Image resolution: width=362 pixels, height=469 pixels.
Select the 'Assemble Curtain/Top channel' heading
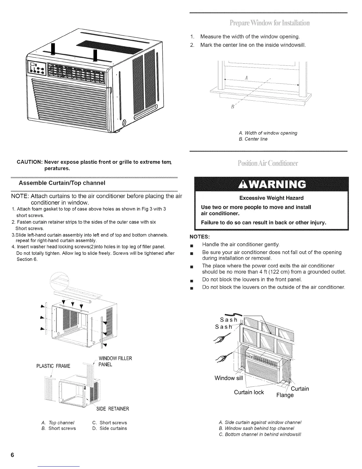coord(62,183)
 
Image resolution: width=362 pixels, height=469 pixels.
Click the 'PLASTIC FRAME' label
coord(53,366)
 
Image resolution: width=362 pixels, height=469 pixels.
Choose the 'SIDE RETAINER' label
coord(113,409)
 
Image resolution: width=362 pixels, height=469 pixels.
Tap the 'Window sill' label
coord(228,378)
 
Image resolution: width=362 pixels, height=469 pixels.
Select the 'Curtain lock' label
coord(249,392)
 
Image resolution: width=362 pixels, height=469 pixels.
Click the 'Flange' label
coord(285,395)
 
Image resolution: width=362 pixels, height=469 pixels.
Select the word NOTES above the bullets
coord(199,237)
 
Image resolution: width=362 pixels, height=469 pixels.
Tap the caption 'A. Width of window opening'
coord(267,133)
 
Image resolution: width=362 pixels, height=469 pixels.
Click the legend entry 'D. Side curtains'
coord(109,428)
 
